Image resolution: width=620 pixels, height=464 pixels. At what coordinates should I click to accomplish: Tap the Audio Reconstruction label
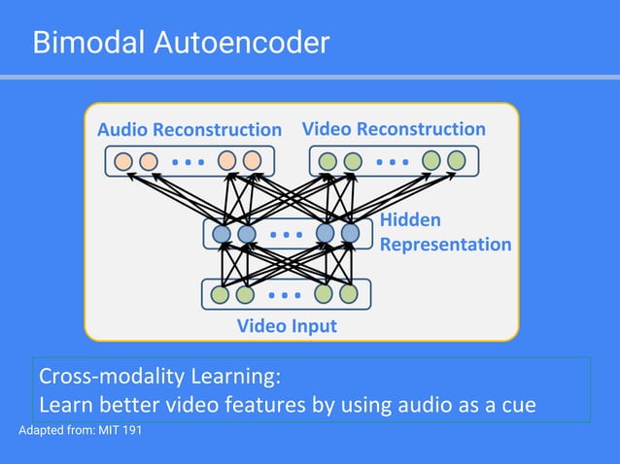(189, 129)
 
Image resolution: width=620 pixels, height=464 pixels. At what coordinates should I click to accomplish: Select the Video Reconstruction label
(394, 128)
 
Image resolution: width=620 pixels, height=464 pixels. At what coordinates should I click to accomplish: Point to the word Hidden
(410, 220)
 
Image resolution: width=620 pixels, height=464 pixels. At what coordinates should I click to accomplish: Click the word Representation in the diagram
(445, 244)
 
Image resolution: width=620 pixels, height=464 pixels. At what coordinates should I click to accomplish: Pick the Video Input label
(287, 326)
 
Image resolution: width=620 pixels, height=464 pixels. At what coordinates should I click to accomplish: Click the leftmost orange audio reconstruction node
(123, 161)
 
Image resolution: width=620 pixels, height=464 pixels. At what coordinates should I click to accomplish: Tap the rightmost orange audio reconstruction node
(253, 161)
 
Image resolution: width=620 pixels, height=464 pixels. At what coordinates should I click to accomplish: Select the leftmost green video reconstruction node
(328, 161)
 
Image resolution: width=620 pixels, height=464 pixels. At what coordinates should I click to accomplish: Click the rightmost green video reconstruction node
(457, 161)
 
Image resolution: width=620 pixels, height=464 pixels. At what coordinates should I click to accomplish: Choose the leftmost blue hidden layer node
(222, 234)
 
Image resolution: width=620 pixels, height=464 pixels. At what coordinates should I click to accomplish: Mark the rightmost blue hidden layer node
(351, 234)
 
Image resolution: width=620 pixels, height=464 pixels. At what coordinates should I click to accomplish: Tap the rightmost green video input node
(349, 293)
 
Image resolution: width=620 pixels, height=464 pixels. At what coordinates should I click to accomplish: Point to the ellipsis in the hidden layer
(286, 234)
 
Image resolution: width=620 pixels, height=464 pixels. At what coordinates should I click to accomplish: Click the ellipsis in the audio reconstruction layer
(188, 161)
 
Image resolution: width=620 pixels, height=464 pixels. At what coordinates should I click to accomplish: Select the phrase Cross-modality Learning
(159, 376)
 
